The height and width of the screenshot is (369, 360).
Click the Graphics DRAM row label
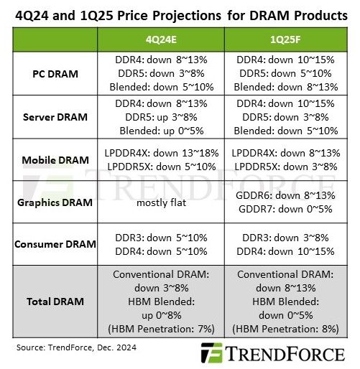[55, 202]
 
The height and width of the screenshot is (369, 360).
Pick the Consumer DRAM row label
[55, 243]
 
